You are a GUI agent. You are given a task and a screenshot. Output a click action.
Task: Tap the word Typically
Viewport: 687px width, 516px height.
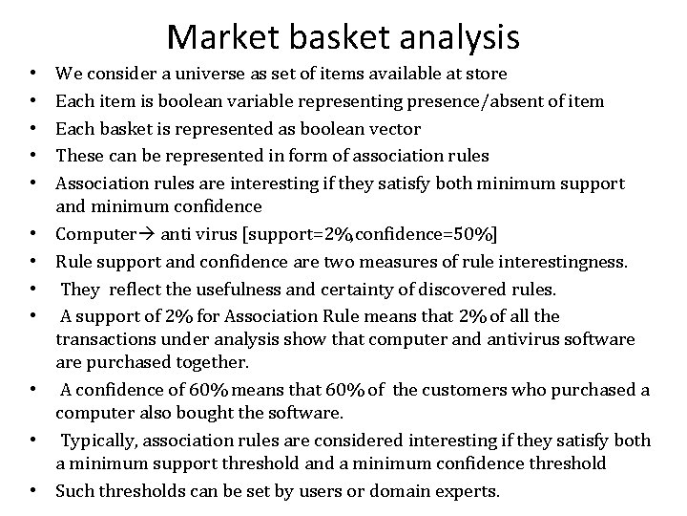tap(101, 440)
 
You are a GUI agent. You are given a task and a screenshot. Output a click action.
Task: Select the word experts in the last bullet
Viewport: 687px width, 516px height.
tap(466, 492)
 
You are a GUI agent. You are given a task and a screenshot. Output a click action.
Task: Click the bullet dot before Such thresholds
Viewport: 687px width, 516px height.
tap(34, 492)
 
